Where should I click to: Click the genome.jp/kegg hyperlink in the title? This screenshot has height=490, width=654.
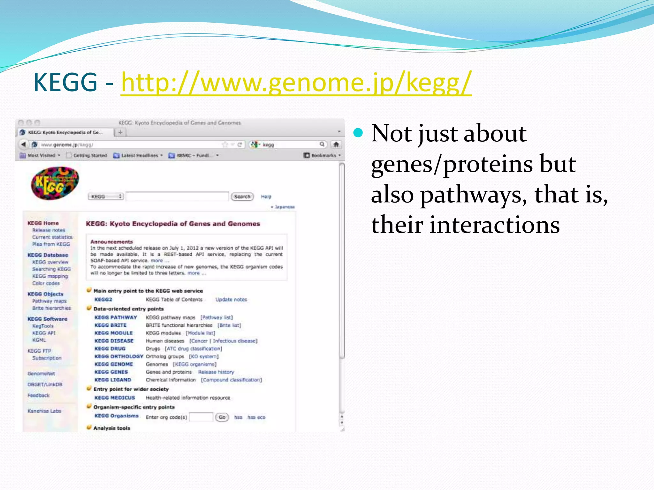(x=296, y=83)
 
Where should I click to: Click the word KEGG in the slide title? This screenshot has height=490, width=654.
(x=65, y=83)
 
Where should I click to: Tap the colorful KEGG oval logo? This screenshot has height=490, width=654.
(x=55, y=183)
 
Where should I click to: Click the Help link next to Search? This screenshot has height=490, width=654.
(x=266, y=197)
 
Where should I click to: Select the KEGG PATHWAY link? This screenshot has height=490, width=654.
(x=116, y=317)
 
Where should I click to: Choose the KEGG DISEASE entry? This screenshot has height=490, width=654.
(x=114, y=341)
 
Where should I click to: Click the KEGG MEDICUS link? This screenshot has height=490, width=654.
(x=115, y=398)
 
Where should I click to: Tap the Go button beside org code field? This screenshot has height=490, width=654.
(x=222, y=417)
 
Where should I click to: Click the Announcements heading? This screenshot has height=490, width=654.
(x=111, y=242)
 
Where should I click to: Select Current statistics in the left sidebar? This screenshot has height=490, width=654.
(x=52, y=237)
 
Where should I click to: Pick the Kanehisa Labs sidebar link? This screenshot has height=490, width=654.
(x=44, y=411)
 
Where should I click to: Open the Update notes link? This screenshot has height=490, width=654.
(x=231, y=300)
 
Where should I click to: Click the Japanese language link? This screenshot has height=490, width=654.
(x=284, y=207)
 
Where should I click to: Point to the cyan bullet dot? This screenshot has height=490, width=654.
(x=358, y=133)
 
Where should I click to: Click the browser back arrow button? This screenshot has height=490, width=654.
(x=23, y=145)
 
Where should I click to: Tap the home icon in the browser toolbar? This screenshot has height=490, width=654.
(x=336, y=145)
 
